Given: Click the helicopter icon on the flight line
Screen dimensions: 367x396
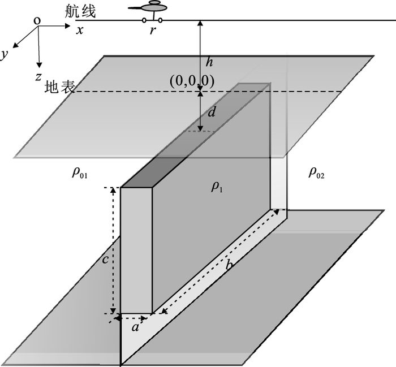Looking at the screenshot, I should click(153, 7).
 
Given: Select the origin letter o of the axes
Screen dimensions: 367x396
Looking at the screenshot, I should click(37, 21).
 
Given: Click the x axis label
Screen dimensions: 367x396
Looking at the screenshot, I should click(80, 30).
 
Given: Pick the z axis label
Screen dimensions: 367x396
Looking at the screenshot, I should click(37, 76).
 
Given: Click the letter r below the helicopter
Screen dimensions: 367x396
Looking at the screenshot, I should click(153, 31).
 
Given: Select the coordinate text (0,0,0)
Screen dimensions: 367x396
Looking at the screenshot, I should click(192, 81).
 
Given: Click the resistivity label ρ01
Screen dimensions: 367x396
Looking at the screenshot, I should click(80, 173).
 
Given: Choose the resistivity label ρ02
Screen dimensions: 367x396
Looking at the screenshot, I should click(316, 173).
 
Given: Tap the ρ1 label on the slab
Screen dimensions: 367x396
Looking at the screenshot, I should click(217, 187).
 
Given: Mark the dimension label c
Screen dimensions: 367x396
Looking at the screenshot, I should click(105, 261).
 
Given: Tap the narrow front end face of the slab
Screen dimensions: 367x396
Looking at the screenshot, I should click(136, 249).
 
